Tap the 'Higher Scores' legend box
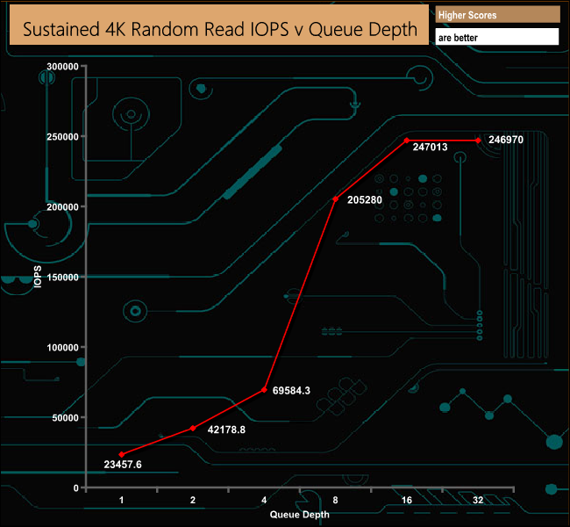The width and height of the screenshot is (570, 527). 497,15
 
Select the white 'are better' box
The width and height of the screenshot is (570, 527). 497,38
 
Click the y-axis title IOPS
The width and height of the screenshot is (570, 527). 37,278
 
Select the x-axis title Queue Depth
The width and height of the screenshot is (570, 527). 300,515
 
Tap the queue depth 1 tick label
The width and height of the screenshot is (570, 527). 122,499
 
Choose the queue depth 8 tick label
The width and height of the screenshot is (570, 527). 336,499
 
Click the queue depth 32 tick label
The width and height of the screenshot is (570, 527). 478,499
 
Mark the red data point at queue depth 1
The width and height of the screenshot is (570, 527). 122,454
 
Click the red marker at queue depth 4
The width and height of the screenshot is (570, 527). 264,390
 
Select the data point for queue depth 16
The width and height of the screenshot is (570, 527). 407,141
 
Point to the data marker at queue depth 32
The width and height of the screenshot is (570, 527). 478,141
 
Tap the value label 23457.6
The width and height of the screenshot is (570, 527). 123,464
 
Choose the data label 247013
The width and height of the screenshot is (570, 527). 430,148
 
